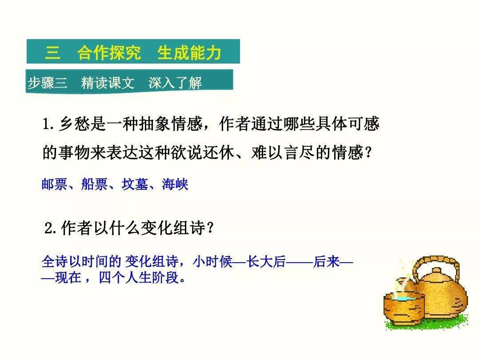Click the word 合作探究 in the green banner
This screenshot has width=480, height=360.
click(109, 52)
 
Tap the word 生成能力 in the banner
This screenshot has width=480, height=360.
click(189, 52)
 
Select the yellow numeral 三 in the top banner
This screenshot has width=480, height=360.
click(52, 52)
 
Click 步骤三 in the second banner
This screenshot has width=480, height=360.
click(48, 82)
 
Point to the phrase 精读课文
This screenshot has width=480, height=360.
click(108, 83)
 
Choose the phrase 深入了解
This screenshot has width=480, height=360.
click(175, 83)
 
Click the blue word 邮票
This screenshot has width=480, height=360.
click(54, 184)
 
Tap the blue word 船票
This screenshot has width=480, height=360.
click(94, 184)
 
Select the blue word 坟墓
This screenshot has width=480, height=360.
click(135, 184)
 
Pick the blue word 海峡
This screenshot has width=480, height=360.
click(175, 184)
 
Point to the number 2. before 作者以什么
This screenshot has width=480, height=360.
click(50, 228)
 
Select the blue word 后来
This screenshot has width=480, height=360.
click(326, 262)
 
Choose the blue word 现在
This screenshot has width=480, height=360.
click(68, 277)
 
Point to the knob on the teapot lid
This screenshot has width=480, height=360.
click(437, 271)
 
